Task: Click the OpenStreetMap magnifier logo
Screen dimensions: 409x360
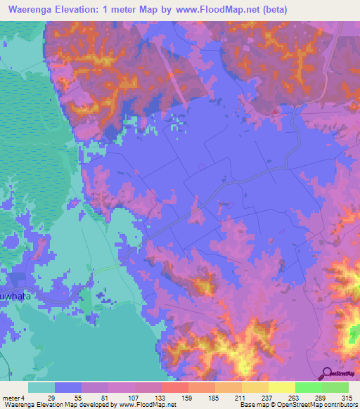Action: pyautogui.click(x=328, y=375)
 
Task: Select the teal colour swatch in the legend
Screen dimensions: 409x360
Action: pyautogui.click(x=41, y=387)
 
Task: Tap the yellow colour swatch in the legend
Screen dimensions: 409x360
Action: pyautogui.click(x=282, y=387)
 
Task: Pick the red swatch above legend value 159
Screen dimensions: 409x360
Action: pyautogui.click(x=175, y=387)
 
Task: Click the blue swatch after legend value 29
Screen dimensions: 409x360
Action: pyautogui.click(x=68, y=387)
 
